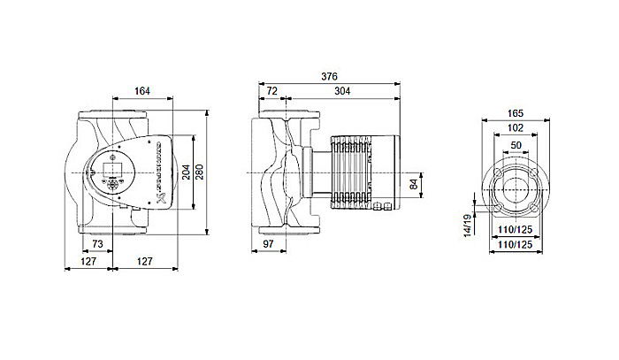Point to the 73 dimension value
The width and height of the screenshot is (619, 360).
[x=98, y=242]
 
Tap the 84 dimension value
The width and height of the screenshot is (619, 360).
[x=413, y=185]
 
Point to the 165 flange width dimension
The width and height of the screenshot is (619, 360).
[x=515, y=114]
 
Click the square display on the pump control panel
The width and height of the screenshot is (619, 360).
[x=114, y=167]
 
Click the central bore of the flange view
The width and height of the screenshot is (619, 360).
[x=516, y=188]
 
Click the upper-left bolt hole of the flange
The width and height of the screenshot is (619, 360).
[x=501, y=172]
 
